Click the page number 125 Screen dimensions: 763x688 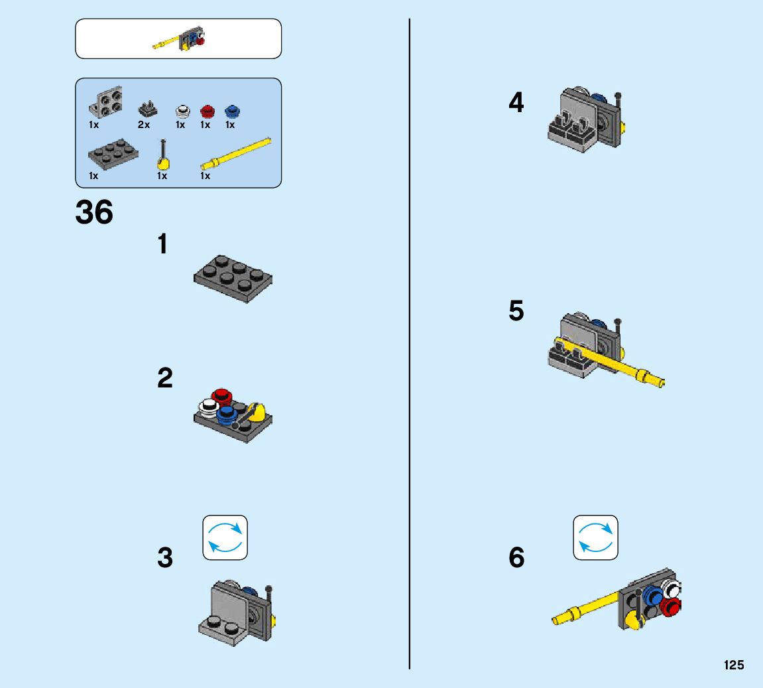click(x=734, y=665)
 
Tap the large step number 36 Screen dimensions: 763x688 click(x=95, y=213)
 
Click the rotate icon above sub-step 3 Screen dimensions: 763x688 click(x=225, y=537)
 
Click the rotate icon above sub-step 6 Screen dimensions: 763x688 click(x=595, y=537)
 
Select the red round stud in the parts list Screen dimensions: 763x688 click(x=207, y=110)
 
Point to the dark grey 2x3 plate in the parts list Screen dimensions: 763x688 click(x=113, y=154)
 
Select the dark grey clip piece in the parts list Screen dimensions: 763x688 click(x=146, y=107)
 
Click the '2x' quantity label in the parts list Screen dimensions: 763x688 click(x=143, y=125)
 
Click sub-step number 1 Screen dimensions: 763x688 click(x=162, y=245)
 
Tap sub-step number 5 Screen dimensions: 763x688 click(x=516, y=311)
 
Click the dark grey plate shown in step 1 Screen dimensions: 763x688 click(x=233, y=278)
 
